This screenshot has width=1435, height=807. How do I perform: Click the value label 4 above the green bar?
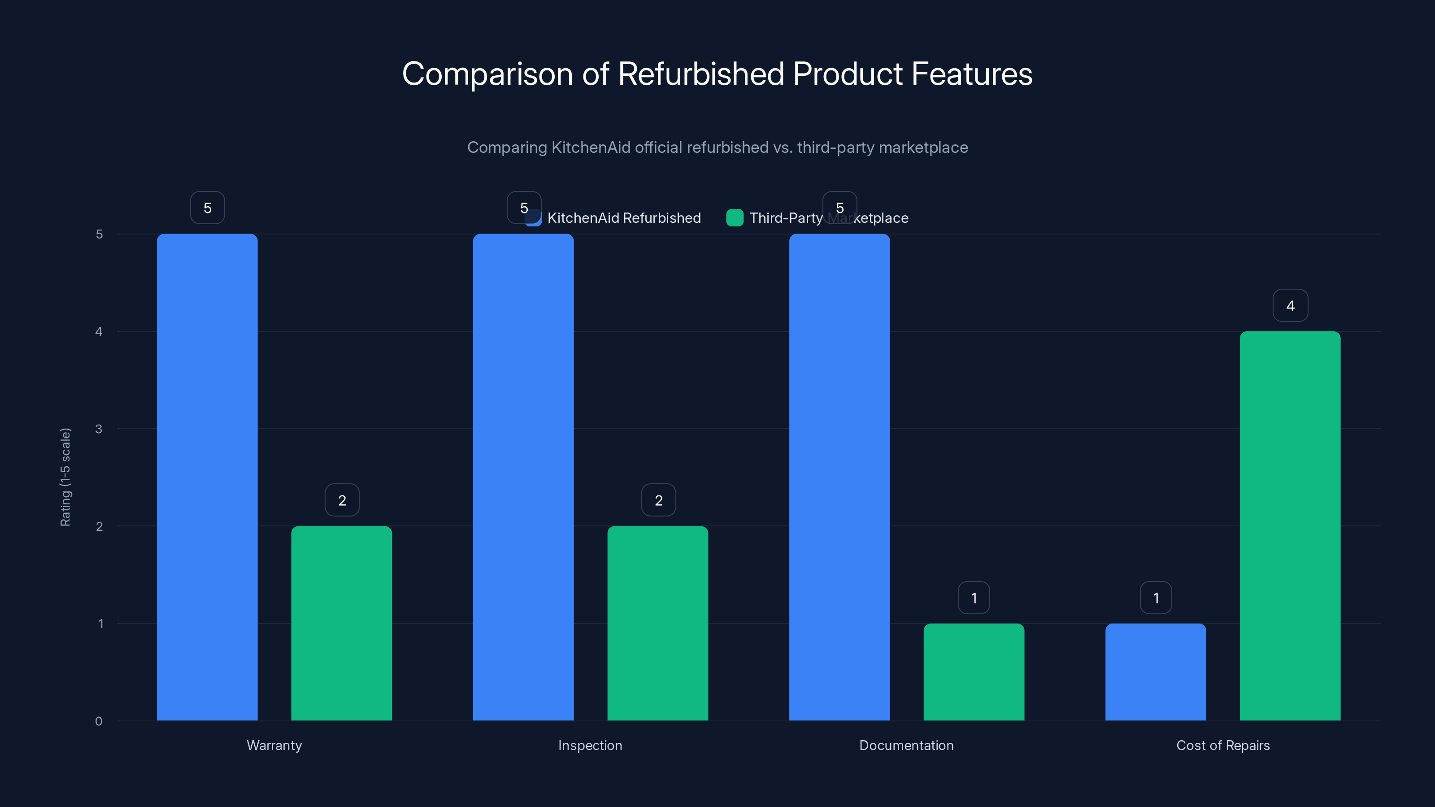[1290, 305]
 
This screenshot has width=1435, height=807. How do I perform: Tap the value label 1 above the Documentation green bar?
[974, 598]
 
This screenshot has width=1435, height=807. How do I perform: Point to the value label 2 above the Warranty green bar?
[342, 500]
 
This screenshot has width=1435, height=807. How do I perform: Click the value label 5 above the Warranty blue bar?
[207, 208]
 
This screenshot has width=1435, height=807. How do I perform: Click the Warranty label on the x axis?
[274, 745]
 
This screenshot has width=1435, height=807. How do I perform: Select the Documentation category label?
[906, 745]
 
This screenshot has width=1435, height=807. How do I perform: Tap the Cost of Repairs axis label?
[1223, 745]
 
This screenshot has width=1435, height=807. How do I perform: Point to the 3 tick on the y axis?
[99, 429]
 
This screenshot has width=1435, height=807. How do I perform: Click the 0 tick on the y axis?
[99, 721]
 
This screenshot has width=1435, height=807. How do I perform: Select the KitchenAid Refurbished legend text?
[624, 218]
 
